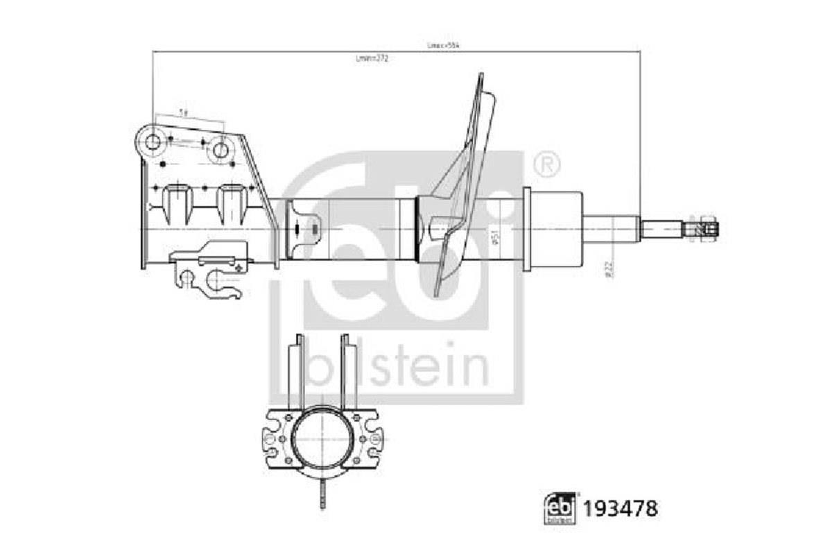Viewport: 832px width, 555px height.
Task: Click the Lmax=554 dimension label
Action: [x=443, y=45]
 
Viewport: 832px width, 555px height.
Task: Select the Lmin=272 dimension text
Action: [x=372, y=59]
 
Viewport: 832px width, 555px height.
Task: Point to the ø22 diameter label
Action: [x=609, y=269]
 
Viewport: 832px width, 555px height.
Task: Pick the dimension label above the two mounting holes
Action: [x=182, y=112]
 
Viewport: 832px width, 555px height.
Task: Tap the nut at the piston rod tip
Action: [x=705, y=227]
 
